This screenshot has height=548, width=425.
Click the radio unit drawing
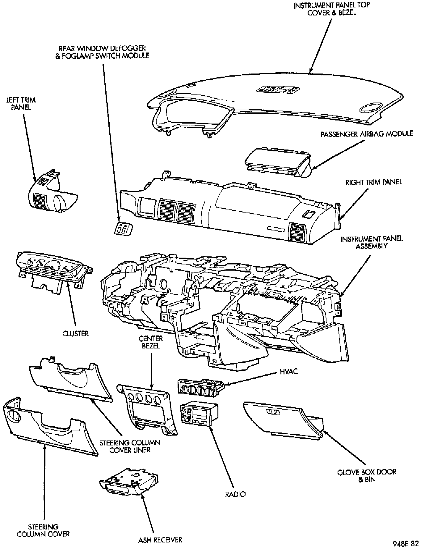coord(199,414)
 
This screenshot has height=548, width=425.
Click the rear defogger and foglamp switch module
coord(123,229)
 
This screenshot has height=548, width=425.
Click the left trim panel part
coord(53,195)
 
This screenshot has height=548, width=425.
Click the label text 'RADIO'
coord(235,494)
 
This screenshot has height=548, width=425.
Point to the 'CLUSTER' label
coord(75,334)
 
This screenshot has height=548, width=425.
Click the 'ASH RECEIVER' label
coord(160,540)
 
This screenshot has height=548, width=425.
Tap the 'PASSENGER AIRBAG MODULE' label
coord(367,134)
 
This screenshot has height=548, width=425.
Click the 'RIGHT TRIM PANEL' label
coord(373,182)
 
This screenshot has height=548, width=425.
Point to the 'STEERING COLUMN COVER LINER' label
coord(130,446)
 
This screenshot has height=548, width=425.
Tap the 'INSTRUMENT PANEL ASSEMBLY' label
coord(372,242)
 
